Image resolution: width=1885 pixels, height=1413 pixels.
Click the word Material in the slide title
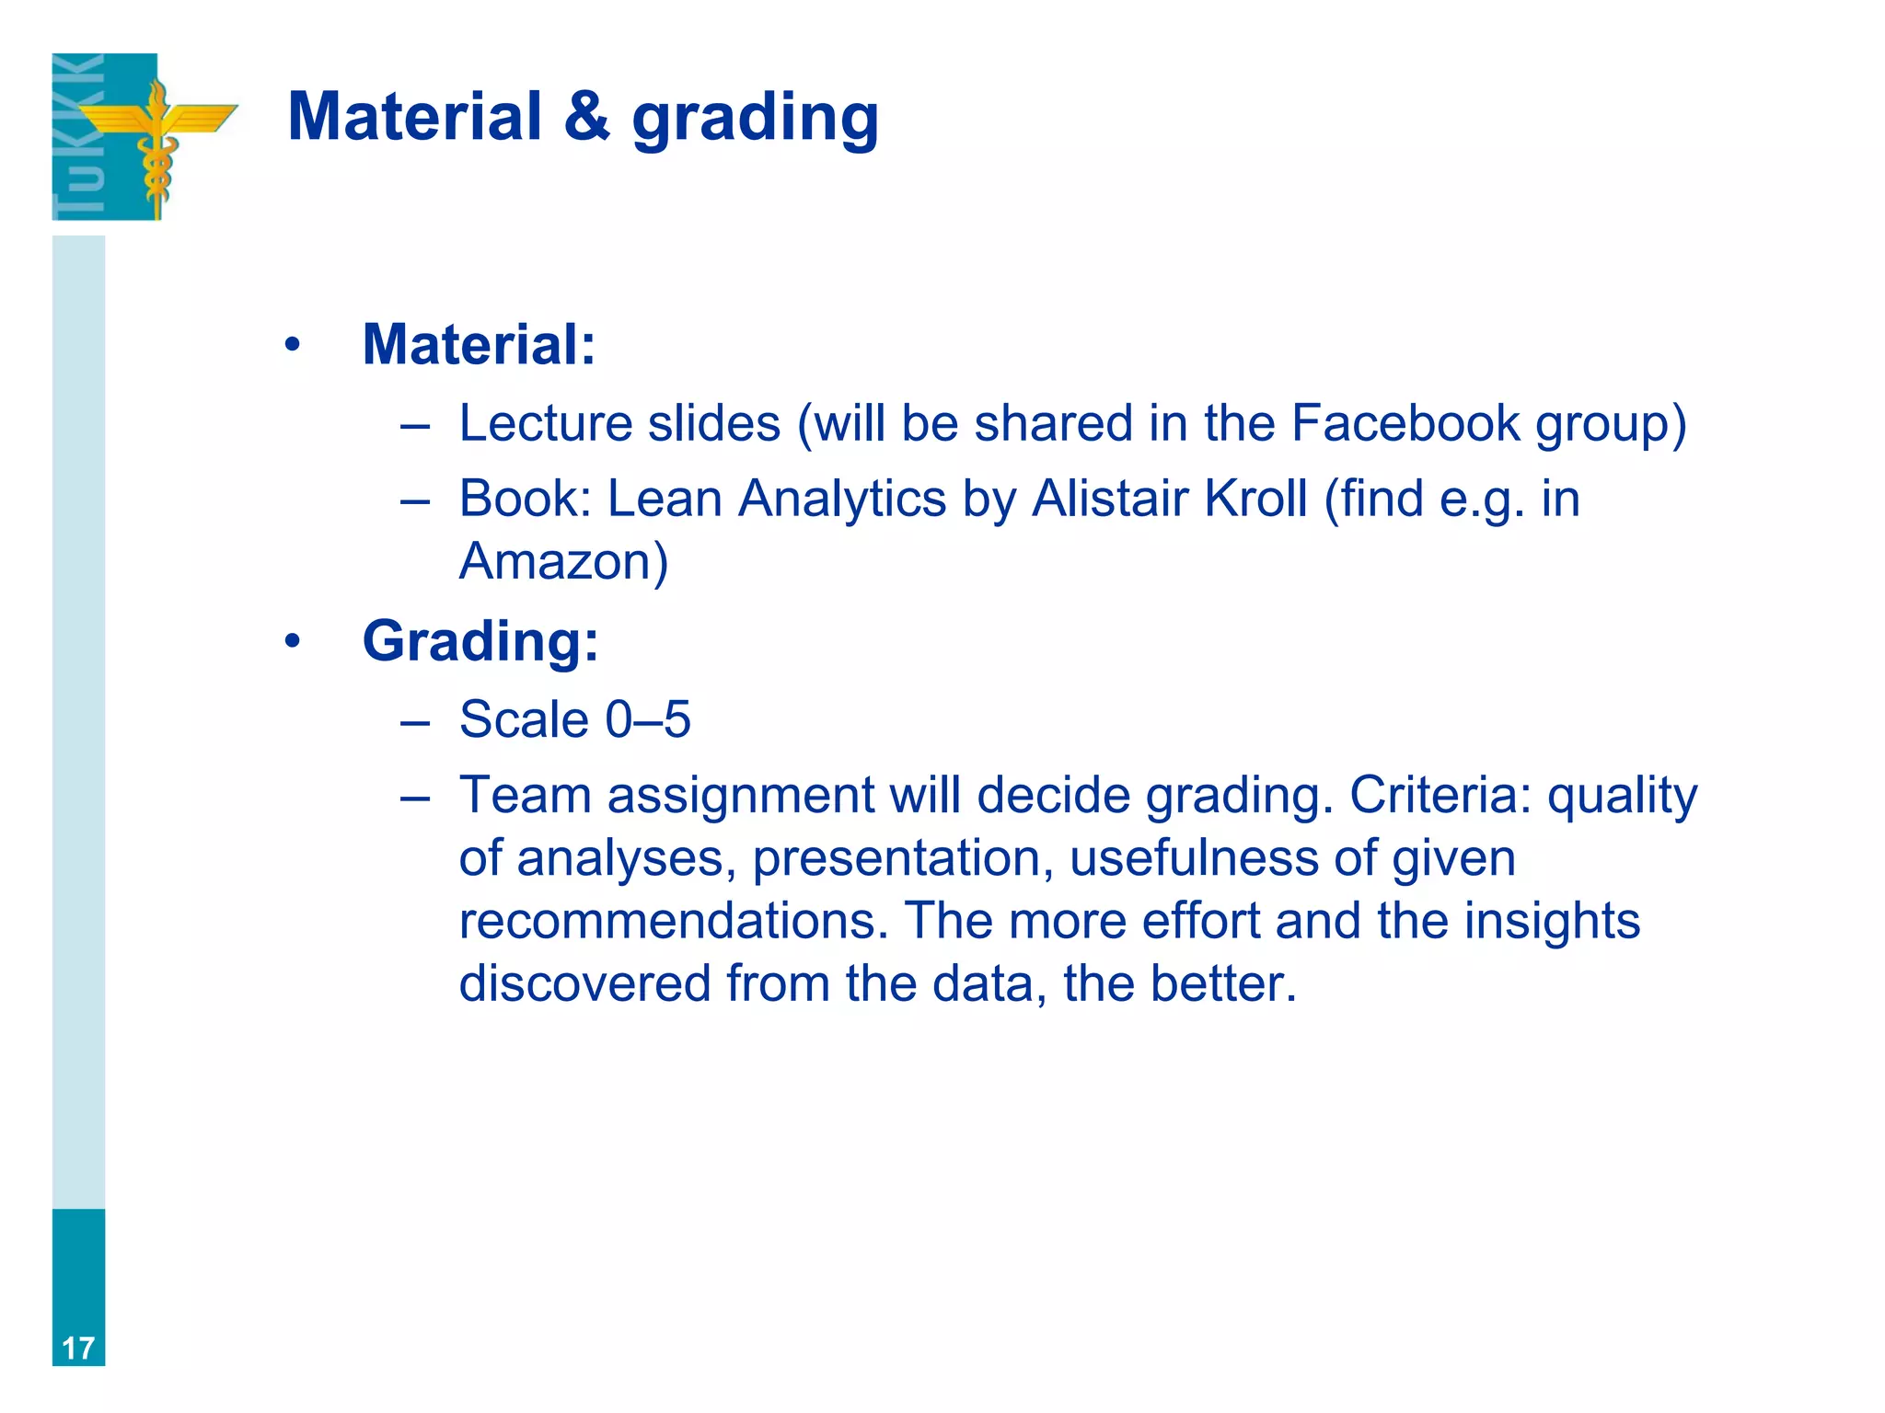(x=414, y=117)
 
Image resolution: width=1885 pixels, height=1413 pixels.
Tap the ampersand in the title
(x=586, y=117)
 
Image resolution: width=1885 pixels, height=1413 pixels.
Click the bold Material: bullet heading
(x=479, y=345)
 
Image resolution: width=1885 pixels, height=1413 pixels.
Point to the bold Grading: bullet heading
(x=480, y=641)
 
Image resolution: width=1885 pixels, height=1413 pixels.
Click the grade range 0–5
(x=648, y=719)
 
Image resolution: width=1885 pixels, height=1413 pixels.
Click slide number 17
(x=78, y=1349)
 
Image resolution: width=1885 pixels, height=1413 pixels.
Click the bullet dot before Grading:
(x=293, y=641)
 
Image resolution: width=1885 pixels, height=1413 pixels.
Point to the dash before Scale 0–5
(x=415, y=721)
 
